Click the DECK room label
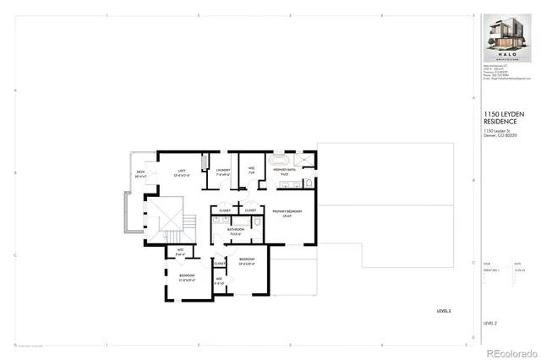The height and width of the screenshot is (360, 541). coord(140,173)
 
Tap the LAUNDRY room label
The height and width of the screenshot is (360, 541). coord(223,171)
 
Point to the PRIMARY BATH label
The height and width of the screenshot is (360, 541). coord(284,171)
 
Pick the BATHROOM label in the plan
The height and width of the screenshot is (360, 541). coord(236,229)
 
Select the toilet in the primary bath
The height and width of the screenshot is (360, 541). coord(308,182)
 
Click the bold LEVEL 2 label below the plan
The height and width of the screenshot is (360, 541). coord(444,312)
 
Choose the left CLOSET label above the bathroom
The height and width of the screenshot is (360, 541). coord(226,210)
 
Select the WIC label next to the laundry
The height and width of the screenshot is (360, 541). coord(252,169)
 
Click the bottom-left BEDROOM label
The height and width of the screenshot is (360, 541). coord(187,275)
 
